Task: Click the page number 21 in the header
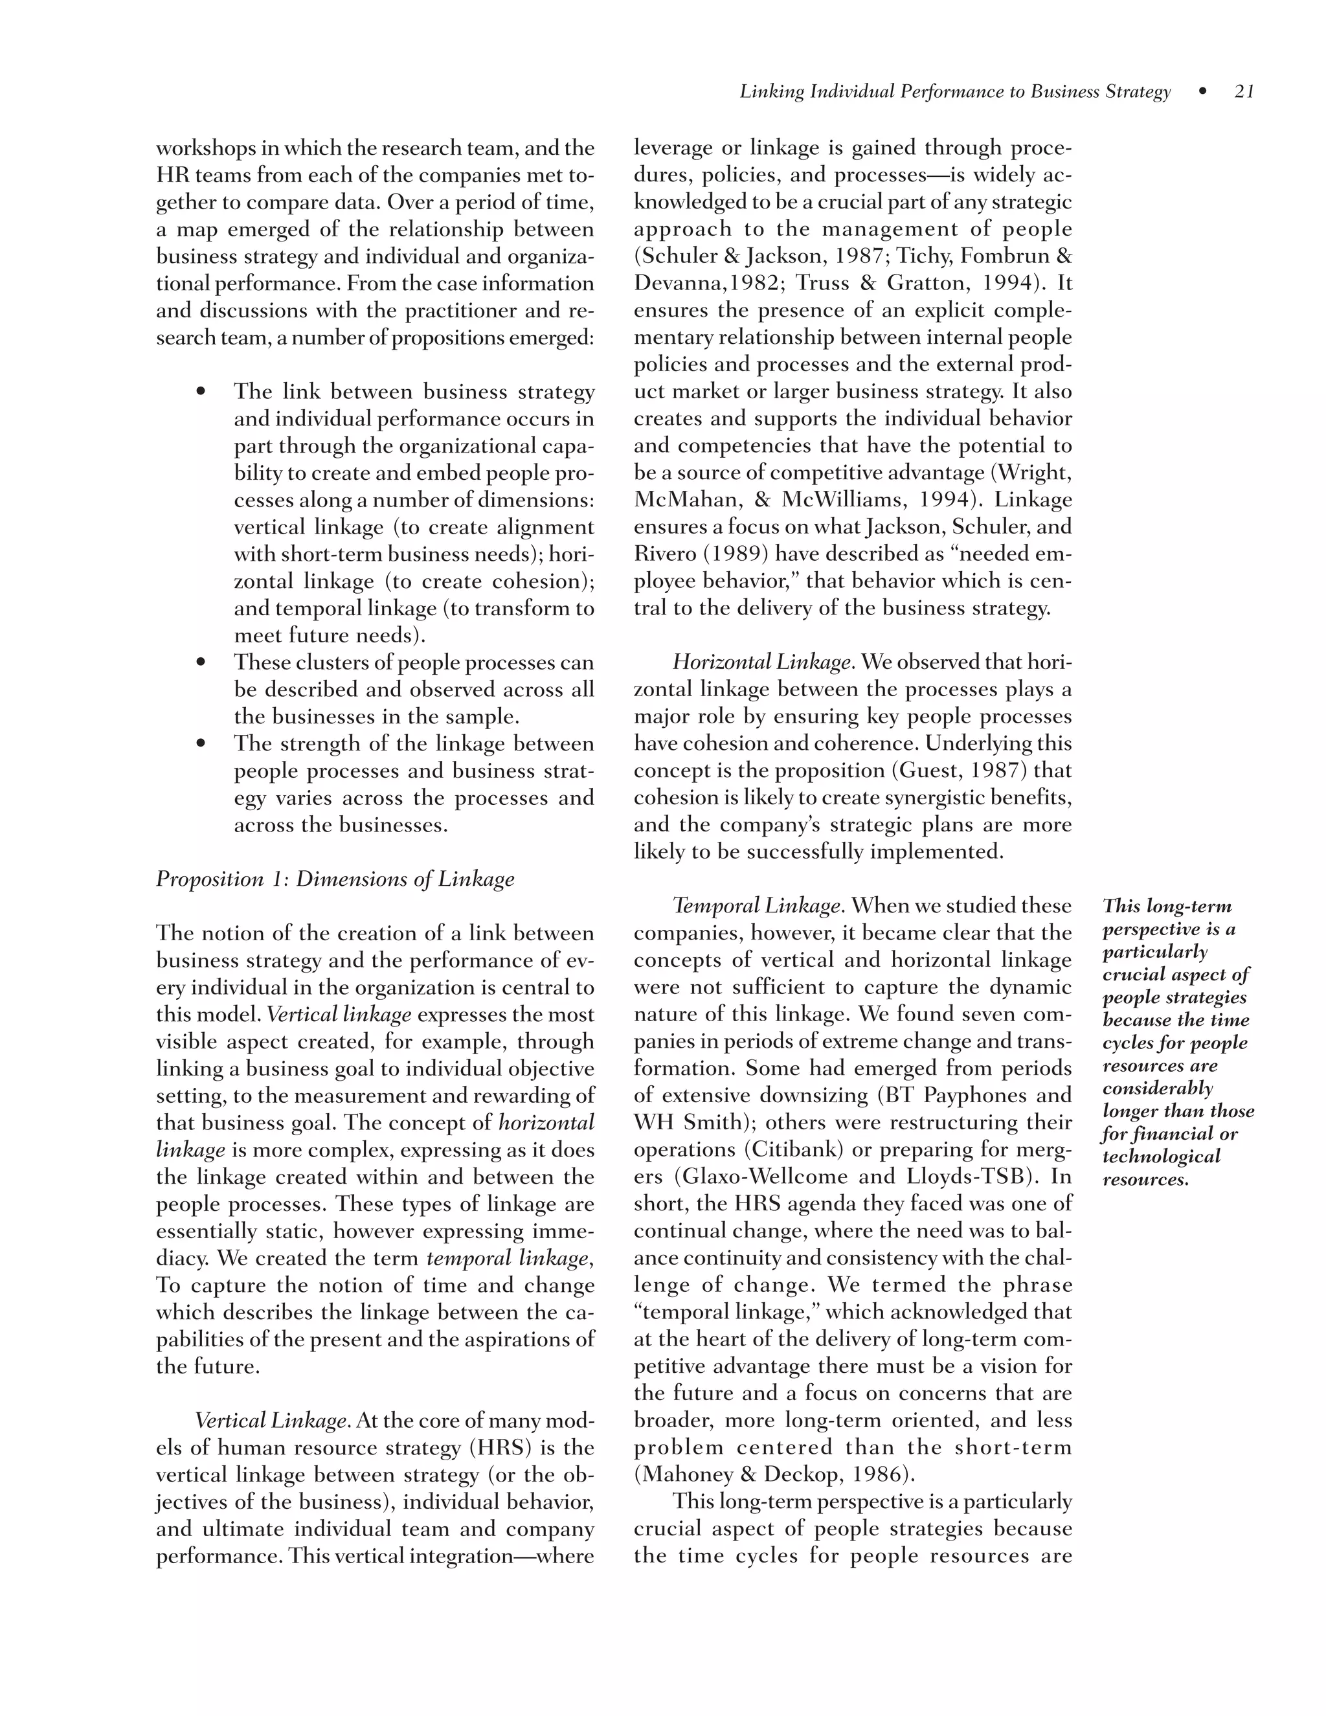pyautogui.click(x=1244, y=92)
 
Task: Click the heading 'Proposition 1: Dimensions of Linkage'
pyautogui.click(x=335, y=879)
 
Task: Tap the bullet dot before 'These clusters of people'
pyautogui.click(x=201, y=662)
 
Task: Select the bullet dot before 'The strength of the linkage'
pyautogui.click(x=201, y=743)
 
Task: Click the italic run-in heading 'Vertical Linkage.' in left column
pyautogui.click(x=272, y=1421)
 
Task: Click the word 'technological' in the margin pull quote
pyautogui.click(x=1161, y=1157)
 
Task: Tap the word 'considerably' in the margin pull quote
pyautogui.click(x=1157, y=1089)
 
